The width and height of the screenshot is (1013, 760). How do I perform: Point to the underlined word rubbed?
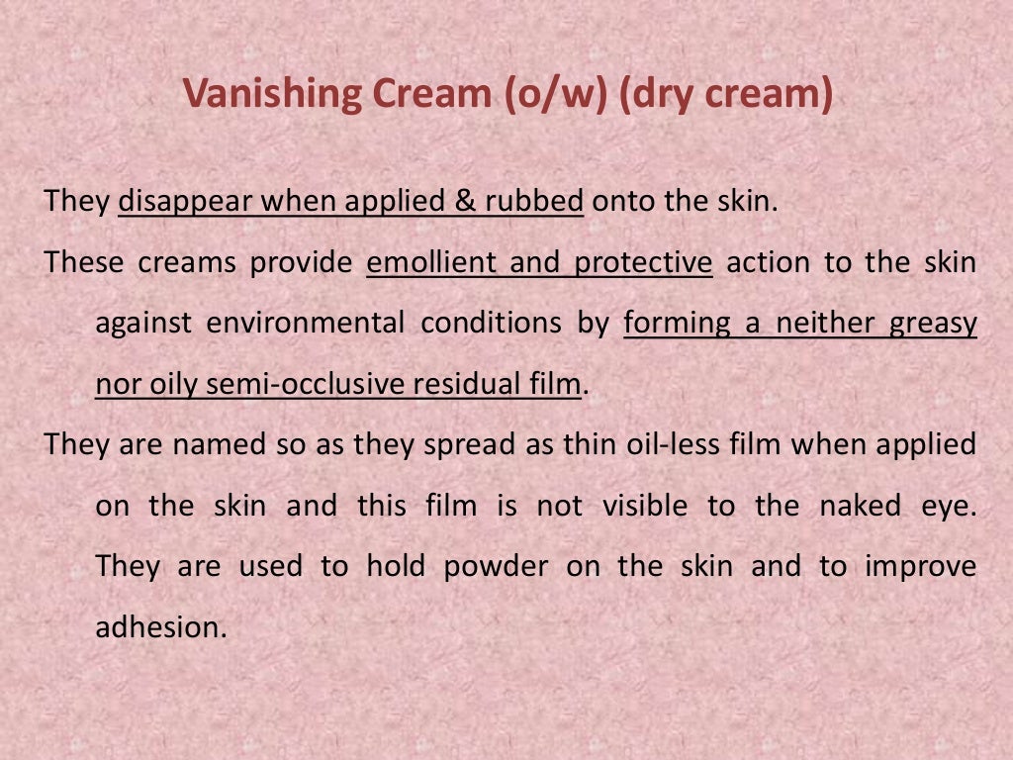[534, 202]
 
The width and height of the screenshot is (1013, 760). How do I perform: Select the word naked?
[860, 506]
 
